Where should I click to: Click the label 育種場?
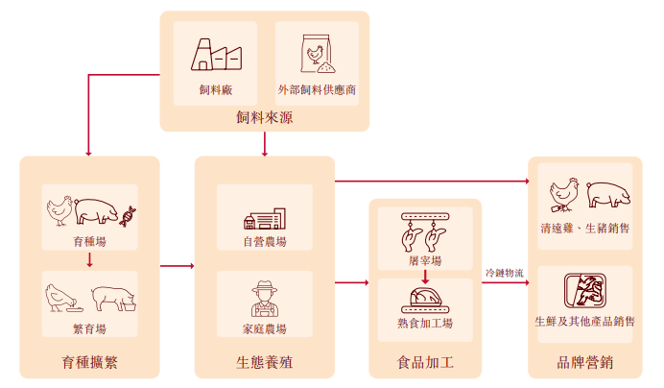click(89, 241)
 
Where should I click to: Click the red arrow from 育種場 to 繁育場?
click(89, 259)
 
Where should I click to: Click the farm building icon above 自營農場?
click(264, 217)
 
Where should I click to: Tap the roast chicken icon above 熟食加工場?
click(424, 299)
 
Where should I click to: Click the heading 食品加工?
click(424, 363)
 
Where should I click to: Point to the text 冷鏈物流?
click(505, 274)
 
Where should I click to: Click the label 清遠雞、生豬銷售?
click(585, 229)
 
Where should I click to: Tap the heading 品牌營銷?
click(584, 363)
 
